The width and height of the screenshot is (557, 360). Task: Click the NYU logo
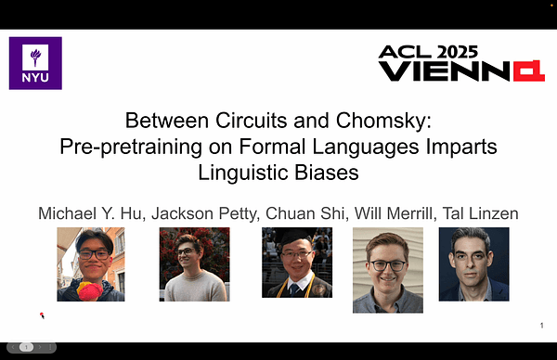35,63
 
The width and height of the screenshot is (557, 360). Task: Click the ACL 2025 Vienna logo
460,63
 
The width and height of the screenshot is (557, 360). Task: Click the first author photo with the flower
91,264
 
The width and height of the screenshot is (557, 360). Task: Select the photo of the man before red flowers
193,264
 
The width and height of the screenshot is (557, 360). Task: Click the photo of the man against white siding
387,264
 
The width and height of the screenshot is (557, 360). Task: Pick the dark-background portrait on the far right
473,264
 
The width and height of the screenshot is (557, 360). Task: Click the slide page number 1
541,325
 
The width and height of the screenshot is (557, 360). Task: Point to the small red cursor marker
42,315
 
